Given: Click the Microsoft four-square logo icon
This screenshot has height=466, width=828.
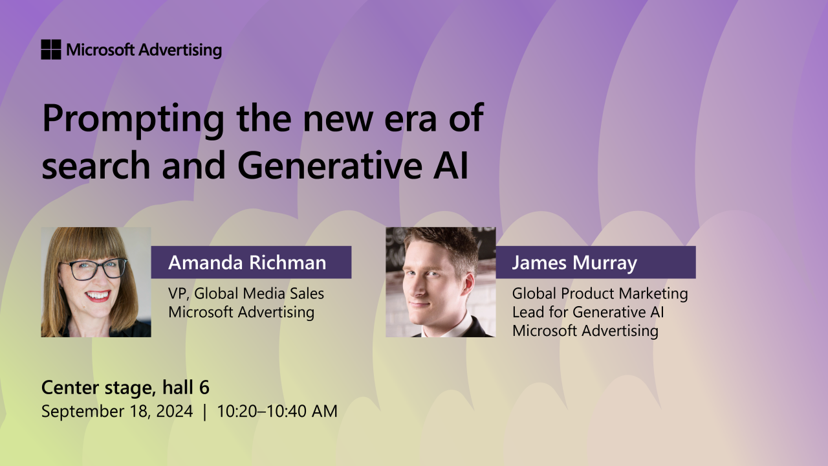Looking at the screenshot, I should coord(50,50).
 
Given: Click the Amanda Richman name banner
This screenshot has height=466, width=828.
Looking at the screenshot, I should coord(251,263).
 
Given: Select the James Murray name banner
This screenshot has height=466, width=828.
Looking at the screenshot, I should coord(595,263).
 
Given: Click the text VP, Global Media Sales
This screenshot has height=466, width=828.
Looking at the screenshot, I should coord(246,294).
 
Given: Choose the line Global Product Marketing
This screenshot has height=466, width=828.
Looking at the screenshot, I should coord(600,294).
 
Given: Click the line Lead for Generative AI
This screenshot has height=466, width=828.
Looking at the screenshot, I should coord(588,313).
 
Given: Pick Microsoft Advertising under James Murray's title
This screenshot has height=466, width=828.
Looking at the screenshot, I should coord(585,331).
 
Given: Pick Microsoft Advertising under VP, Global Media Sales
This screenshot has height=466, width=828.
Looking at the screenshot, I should coord(241,313).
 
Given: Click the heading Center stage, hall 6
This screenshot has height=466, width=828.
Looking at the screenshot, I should coord(125,388).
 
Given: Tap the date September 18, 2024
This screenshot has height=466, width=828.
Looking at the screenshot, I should coord(116,411).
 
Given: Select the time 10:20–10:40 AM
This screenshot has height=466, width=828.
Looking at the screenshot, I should coord(277,411).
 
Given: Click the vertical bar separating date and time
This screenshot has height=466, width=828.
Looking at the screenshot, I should coord(204,411).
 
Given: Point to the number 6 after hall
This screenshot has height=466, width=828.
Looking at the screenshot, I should coord(204,388).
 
